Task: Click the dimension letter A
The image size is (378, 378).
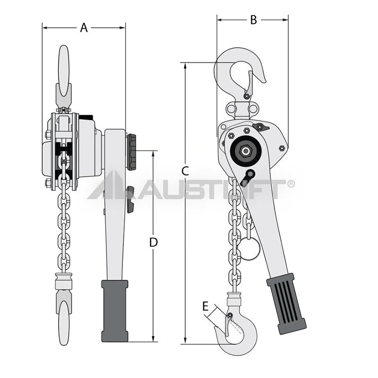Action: click(84, 28)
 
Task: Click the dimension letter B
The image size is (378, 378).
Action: click(253, 20)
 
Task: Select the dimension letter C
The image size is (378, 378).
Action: click(185, 171)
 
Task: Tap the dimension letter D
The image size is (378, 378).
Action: click(153, 242)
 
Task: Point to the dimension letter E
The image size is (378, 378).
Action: click(205, 307)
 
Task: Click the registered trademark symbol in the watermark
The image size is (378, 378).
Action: click(291, 184)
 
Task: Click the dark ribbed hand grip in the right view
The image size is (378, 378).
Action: click(286, 304)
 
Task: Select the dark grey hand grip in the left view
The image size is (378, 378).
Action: click(115, 311)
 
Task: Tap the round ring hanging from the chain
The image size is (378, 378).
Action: click(251, 249)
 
